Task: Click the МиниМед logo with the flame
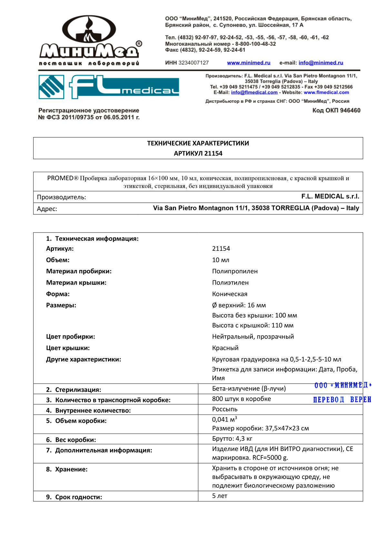[x=90, y=40]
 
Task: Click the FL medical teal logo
[x=109, y=87]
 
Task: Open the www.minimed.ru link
[x=249, y=63]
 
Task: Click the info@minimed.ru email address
[x=321, y=63]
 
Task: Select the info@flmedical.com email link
[x=254, y=93]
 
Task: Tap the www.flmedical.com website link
[x=326, y=93]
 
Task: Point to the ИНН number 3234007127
[x=193, y=63]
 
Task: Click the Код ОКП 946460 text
[x=336, y=111]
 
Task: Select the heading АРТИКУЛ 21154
[x=198, y=153]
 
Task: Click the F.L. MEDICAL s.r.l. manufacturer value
[x=330, y=196]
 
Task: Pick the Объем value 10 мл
[x=221, y=260]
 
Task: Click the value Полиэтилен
[x=230, y=283]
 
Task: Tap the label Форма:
[x=58, y=294]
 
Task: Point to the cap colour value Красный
[x=225, y=348]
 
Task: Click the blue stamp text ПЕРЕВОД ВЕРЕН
[x=342, y=400]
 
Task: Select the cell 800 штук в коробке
[x=241, y=399]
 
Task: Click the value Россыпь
[x=225, y=409]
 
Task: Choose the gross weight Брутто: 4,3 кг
[x=232, y=439]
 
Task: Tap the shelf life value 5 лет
[x=220, y=496]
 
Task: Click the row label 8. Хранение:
[x=67, y=469]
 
